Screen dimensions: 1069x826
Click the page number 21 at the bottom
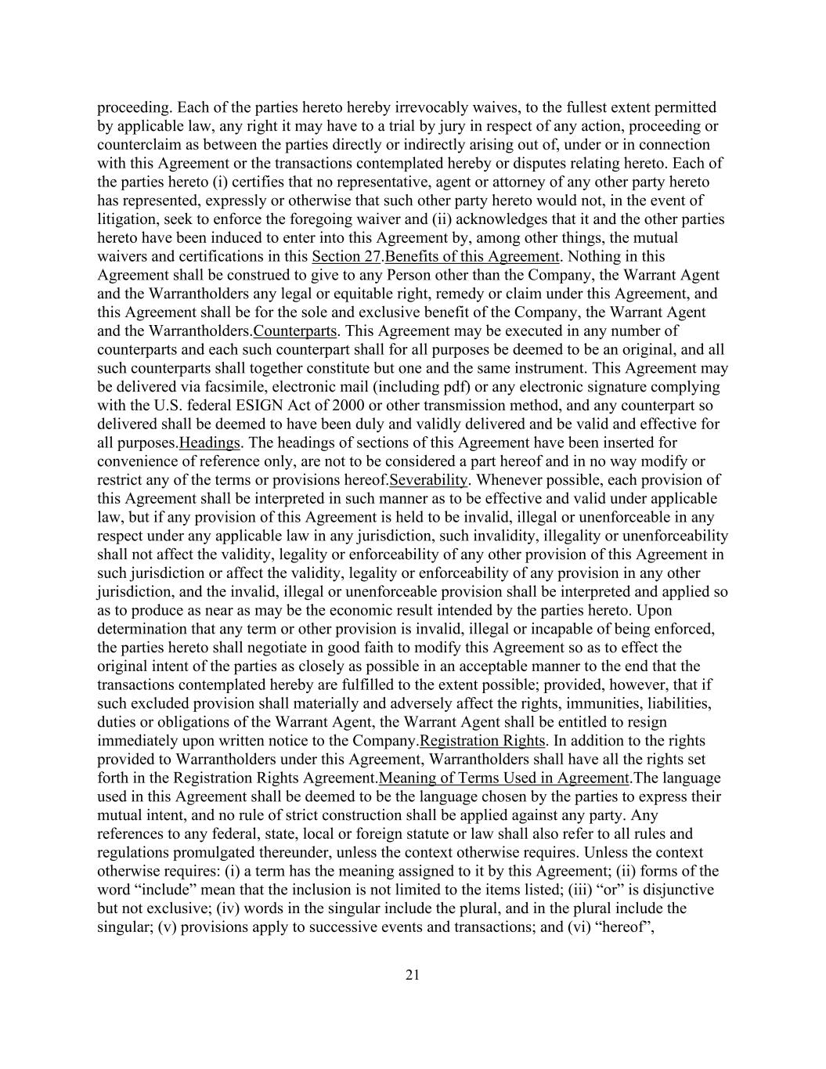pyautogui.click(x=413, y=975)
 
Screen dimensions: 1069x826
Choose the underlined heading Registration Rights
pyautogui.click(x=482, y=741)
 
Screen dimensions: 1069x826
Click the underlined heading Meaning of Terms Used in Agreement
pyautogui.click(x=504, y=778)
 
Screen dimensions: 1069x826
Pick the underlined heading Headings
pyautogui.click(x=210, y=443)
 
